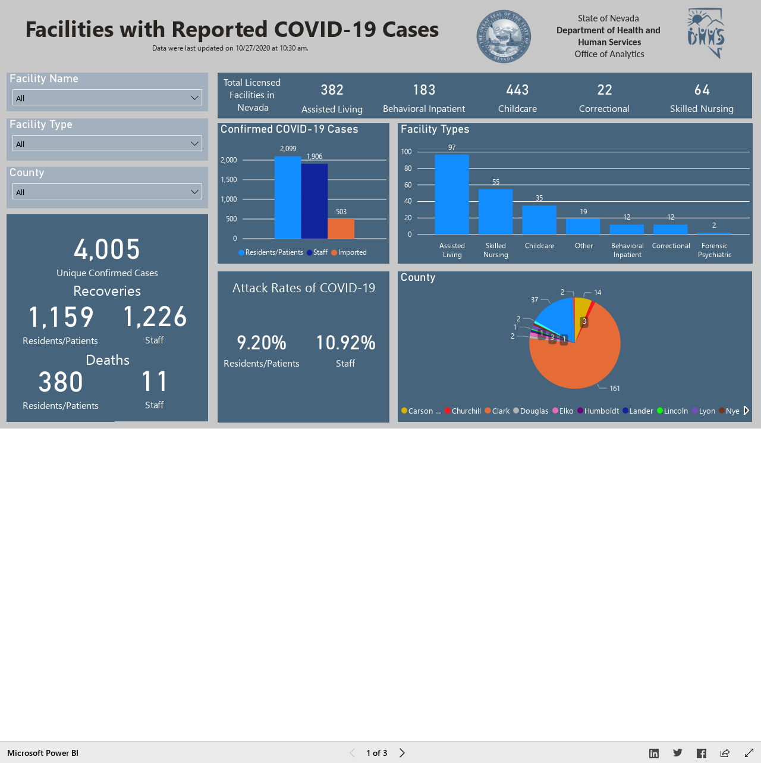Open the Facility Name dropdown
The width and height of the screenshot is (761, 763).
pos(107,98)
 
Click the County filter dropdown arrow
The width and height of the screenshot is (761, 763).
pos(194,192)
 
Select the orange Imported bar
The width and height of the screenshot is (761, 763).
pos(341,229)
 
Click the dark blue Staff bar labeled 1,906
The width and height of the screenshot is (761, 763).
pos(315,201)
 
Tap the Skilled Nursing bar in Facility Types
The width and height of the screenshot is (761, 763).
pos(496,211)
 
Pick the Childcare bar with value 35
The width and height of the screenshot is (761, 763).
pos(539,220)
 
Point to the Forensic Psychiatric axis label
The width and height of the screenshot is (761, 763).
pos(714,250)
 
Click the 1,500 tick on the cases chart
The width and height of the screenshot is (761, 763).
pos(229,180)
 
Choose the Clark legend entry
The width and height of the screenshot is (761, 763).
pos(497,411)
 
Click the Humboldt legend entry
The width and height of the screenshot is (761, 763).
pos(598,411)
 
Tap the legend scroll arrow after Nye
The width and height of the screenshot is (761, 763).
pos(746,410)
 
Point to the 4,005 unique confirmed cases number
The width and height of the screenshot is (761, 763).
pos(107,249)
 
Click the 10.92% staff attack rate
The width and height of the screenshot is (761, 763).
pos(345,343)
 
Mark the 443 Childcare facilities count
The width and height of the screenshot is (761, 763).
pos(517,90)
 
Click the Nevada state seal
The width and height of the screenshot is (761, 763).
pos(504,36)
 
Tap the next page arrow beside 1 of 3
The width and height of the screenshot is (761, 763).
pos(402,753)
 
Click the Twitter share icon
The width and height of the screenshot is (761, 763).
pos(678,753)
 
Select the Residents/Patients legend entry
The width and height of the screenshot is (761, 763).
pos(271,252)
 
